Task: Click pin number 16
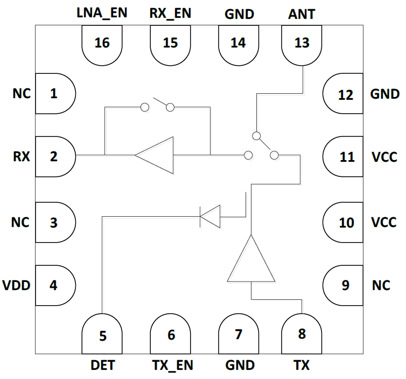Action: [x=102, y=43]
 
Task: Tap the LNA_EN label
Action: [x=102, y=13]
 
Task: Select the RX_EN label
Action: [x=170, y=13]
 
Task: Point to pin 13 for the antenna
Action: [x=302, y=43]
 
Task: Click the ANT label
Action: [x=302, y=14]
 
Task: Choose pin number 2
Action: [x=53, y=157]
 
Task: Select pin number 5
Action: [x=102, y=335]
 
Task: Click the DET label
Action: [x=102, y=366]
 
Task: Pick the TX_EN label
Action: [x=171, y=366]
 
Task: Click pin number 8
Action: [x=302, y=334]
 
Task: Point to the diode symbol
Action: [x=210, y=217]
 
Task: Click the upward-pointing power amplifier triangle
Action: [x=251, y=261]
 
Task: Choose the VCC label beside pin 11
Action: [x=384, y=157]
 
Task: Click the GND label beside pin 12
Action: [x=384, y=94]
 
